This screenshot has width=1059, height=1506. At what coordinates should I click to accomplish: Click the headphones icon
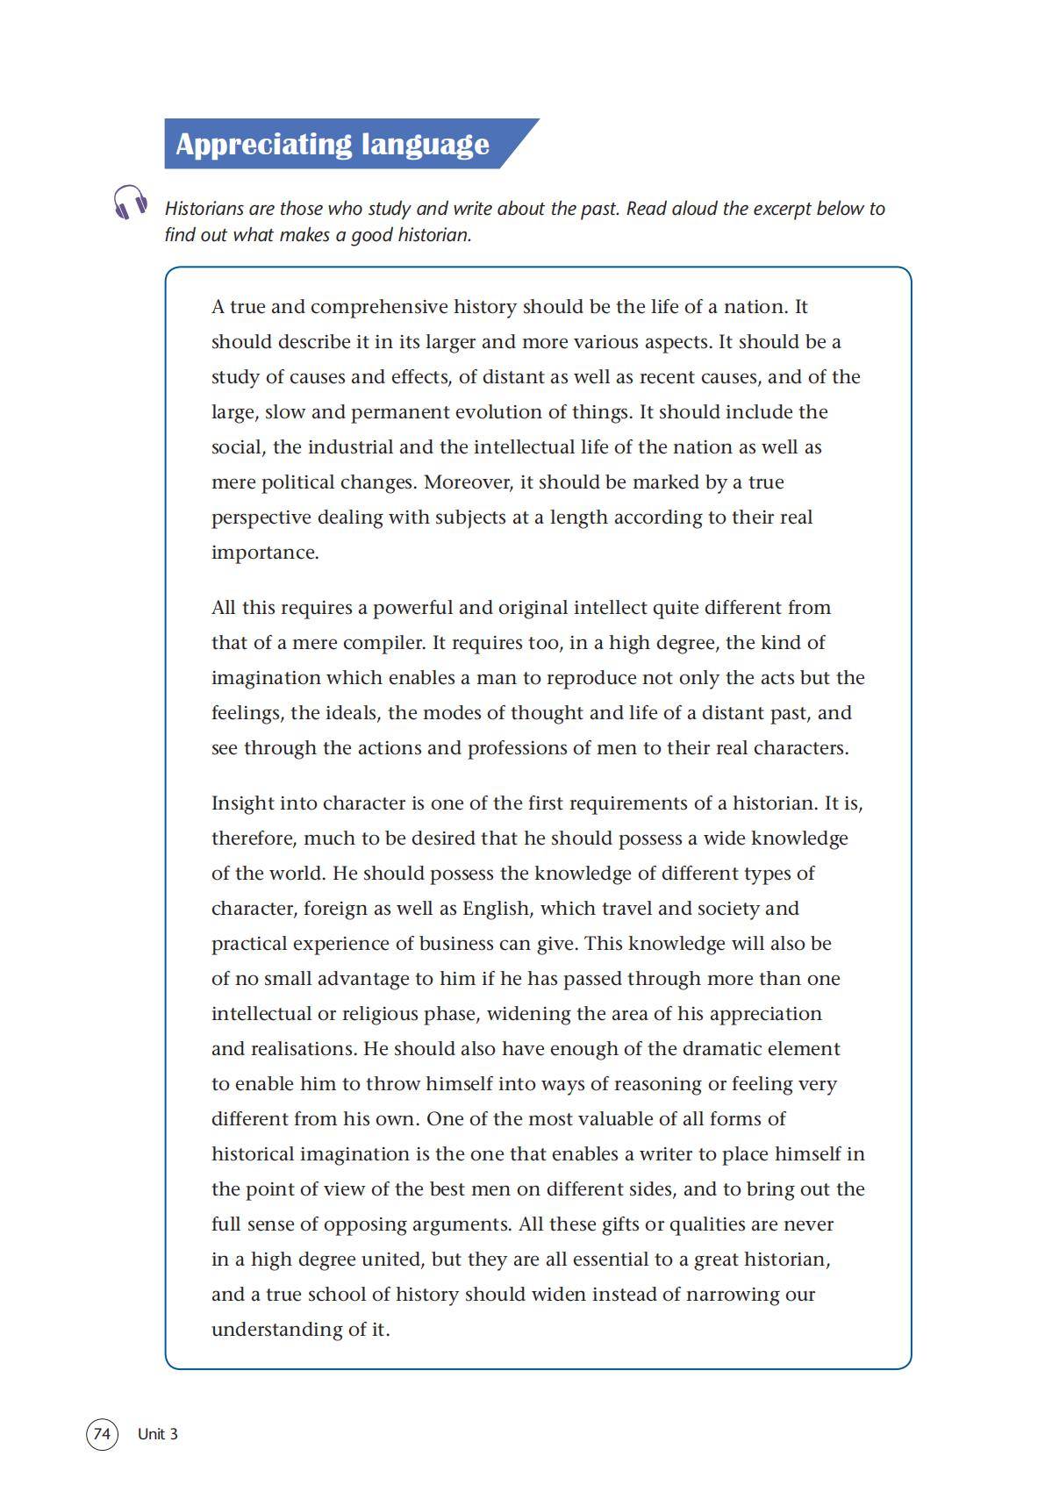pyautogui.click(x=130, y=203)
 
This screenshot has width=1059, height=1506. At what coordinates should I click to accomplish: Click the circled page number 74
pyautogui.click(x=102, y=1434)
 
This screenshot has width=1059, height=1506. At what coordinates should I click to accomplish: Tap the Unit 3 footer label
pyautogui.click(x=158, y=1434)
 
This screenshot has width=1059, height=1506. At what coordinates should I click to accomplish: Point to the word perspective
pyautogui.click(x=261, y=517)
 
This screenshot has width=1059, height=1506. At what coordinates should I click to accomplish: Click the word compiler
pyautogui.click(x=383, y=643)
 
